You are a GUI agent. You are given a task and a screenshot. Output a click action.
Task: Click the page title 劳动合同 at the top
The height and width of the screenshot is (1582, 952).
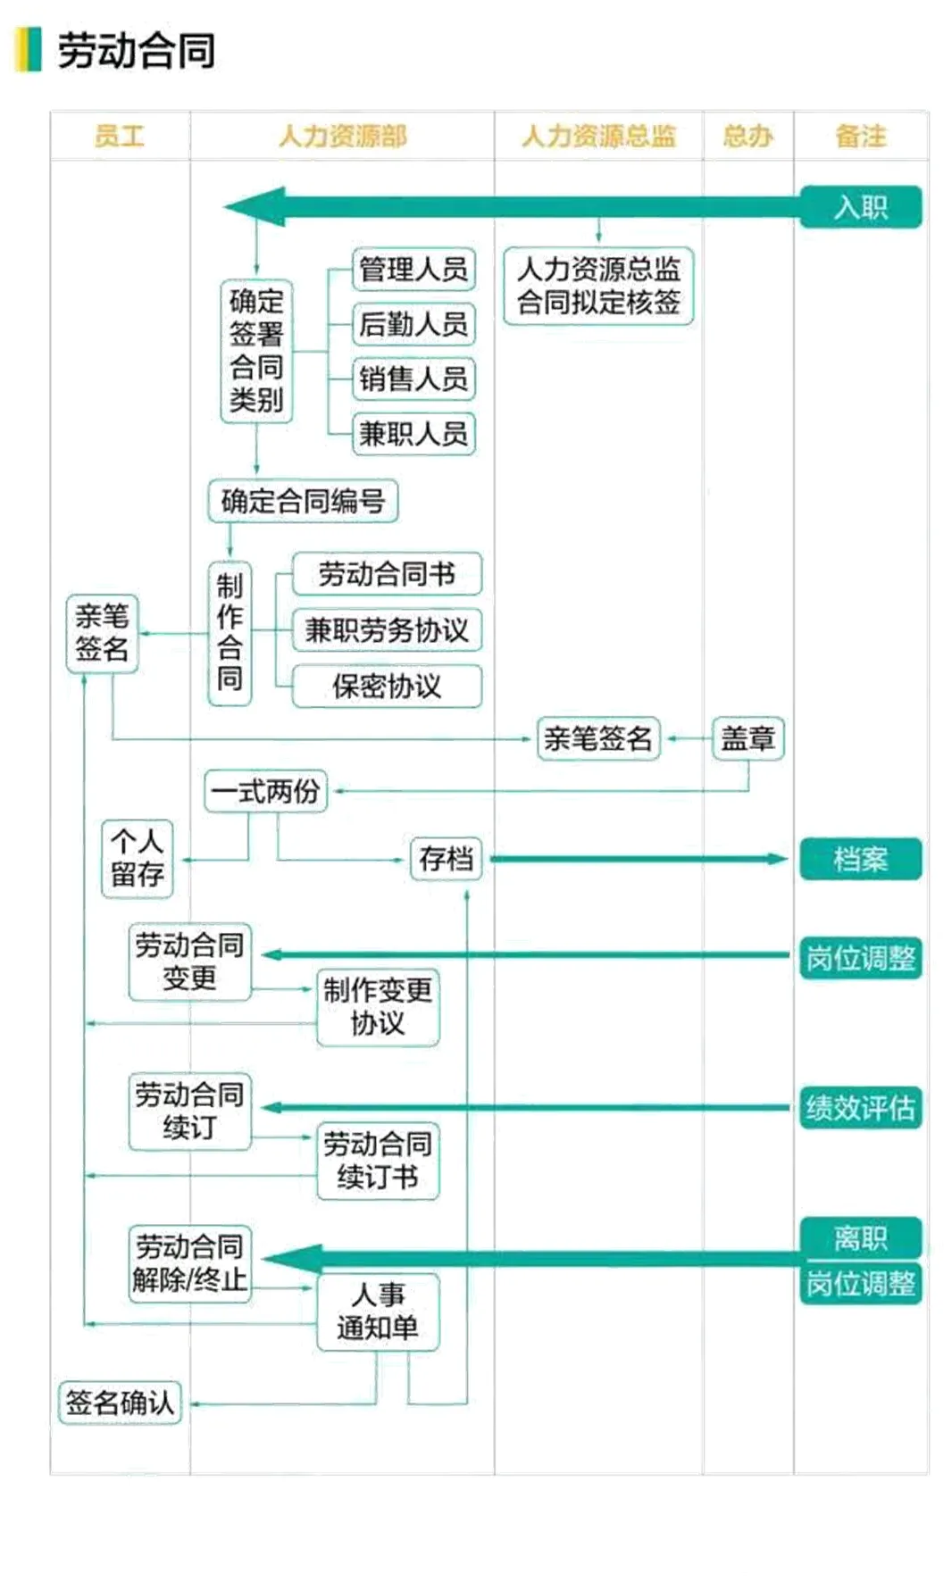[x=136, y=50]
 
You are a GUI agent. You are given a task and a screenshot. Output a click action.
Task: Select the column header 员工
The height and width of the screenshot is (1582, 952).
[x=119, y=136]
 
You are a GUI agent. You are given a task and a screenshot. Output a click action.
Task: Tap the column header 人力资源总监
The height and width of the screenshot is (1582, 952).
[x=598, y=136]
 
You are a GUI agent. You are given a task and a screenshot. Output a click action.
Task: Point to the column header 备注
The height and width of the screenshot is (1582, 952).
[x=860, y=136]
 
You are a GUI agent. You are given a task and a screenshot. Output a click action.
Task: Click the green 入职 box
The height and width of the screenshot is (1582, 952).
[x=860, y=207]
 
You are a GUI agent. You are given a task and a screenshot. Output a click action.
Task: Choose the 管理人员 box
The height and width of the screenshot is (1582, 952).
[x=413, y=269]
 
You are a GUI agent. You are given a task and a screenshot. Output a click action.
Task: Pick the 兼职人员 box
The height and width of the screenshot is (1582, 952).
[x=413, y=434]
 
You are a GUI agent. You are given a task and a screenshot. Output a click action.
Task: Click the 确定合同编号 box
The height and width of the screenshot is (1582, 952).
[x=303, y=501]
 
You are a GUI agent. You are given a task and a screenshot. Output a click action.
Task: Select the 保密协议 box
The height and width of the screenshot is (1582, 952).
[x=387, y=686]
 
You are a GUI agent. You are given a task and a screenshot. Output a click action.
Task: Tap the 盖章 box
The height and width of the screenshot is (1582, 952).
[x=747, y=738]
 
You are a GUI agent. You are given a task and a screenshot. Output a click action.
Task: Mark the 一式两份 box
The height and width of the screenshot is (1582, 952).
[x=265, y=791]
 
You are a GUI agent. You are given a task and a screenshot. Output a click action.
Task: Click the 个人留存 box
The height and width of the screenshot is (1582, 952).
[x=137, y=858]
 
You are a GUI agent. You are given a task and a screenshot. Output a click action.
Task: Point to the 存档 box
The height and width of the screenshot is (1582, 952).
[x=446, y=859]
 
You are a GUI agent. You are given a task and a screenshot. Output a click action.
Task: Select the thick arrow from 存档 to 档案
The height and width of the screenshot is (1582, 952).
[x=639, y=859]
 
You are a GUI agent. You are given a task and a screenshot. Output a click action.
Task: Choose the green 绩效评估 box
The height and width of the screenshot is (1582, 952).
[x=860, y=1108]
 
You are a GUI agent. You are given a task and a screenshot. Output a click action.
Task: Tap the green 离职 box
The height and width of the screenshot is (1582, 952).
[x=860, y=1237]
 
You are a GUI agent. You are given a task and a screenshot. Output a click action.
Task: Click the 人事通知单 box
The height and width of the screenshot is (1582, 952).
[x=378, y=1311]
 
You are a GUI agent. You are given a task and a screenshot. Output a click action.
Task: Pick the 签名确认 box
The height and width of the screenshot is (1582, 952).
[x=120, y=1403]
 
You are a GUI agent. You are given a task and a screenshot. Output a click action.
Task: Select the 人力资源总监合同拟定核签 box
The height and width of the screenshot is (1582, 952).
[x=598, y=286]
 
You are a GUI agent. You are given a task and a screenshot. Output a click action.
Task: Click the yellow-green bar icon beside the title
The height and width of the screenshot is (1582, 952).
[x=29, y=50]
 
